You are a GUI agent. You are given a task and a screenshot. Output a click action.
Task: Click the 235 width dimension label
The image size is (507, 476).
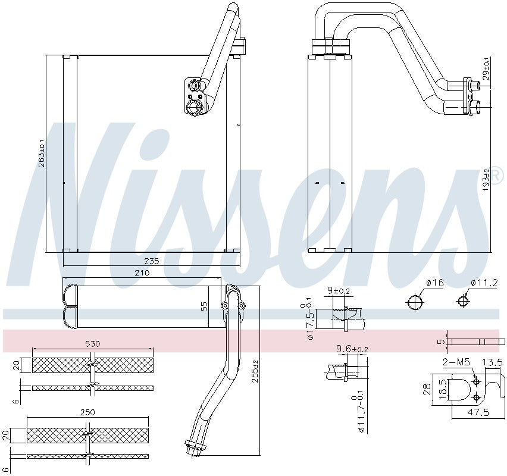coord(151,261)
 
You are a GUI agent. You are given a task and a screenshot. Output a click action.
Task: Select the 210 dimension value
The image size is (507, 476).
coord(141,273)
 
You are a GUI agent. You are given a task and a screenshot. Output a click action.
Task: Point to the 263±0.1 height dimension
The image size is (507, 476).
coord(42,153)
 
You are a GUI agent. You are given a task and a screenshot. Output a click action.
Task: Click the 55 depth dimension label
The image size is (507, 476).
coord(204,306)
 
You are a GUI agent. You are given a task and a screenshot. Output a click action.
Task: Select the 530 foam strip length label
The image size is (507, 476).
coord(92,344)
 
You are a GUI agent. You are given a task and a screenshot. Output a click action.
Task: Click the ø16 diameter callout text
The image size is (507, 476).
coord(436,283)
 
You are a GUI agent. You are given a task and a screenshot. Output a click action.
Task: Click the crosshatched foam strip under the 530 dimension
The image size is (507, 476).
coord(92,365)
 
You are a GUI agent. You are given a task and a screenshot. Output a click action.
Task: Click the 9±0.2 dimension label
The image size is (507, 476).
coord(340,292)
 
